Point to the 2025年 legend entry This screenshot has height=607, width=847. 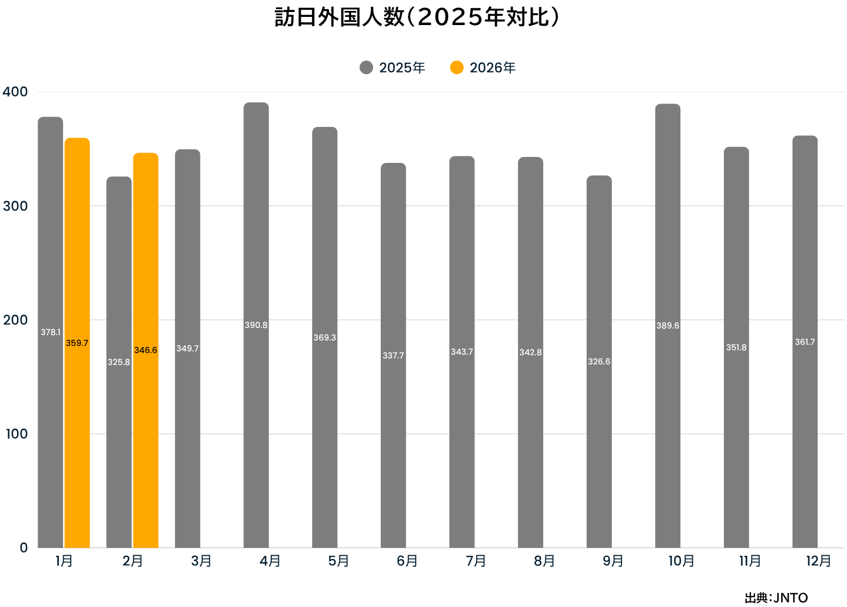tap(393, 68)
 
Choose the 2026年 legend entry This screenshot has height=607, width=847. tap(483, 68)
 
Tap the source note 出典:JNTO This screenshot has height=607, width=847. tap(776, 598)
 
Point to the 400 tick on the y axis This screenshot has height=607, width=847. tap(15, 92)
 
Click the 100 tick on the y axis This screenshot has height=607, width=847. tap(16, 434)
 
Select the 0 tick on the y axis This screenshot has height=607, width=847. tap(23, 548)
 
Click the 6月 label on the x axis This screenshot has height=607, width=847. tap(407, 561)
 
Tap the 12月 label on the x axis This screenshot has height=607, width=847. tap(818, 561)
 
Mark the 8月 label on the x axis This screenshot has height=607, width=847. tap(544, 561)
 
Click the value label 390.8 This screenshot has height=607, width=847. tap(256, 325)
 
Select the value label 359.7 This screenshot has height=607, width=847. tap(77, 343)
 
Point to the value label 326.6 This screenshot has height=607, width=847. tap(599, 362)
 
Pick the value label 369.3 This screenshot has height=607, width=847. tap(325, 338)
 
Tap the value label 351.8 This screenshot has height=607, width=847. tap(736, 348)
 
